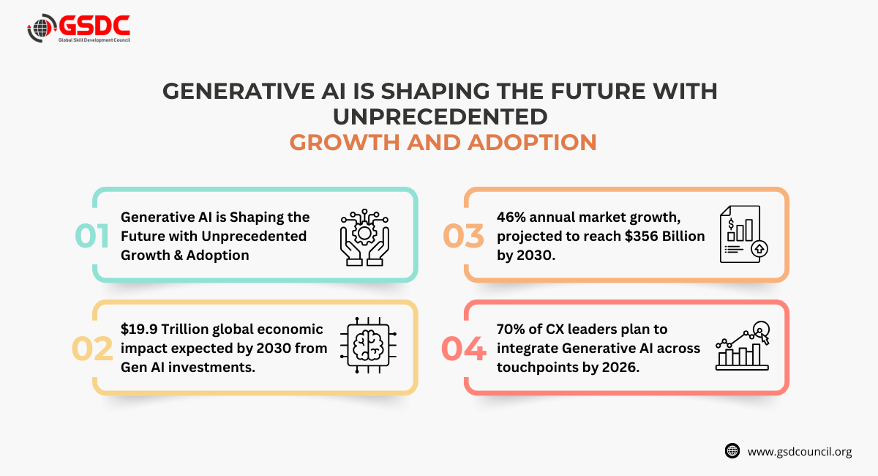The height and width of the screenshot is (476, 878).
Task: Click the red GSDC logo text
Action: coord(94,26)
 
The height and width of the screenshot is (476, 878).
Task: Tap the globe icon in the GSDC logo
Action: coord(41,28)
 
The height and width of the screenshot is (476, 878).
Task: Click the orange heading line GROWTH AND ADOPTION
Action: coord(443,142)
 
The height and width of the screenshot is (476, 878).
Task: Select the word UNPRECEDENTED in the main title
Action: coord(440,116)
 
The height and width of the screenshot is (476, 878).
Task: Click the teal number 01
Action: coord(91,236)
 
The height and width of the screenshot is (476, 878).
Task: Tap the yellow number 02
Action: coord(92,349)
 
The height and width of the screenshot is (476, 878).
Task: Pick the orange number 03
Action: coord(463,236)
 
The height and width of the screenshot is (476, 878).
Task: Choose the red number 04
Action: coord(464,349)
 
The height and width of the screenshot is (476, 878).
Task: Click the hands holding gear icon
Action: coord(364,237)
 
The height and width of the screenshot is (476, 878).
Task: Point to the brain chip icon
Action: coord(368,345)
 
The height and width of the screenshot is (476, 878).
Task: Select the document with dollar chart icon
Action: coord(743,234)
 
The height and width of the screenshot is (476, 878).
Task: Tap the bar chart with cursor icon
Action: coord(743,346)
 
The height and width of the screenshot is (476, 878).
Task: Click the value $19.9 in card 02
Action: coord(139,329)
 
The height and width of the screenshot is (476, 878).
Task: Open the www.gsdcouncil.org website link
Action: coord(800,452)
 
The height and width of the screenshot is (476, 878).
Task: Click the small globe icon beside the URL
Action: coord(732,451)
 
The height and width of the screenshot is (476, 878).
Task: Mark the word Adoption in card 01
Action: coord(217,256)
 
